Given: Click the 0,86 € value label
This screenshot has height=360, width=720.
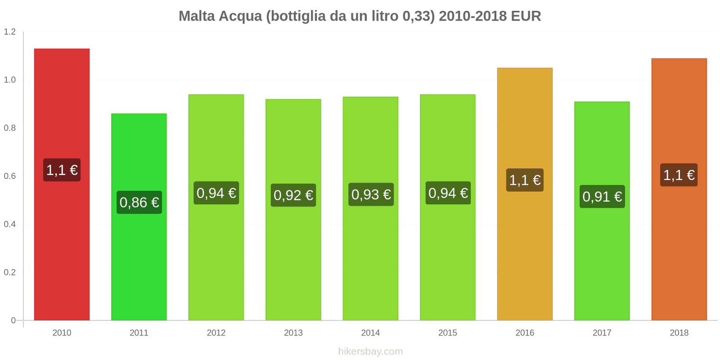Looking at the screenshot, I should (x=139, y=202).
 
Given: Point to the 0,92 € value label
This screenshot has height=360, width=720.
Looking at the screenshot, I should (x=293, y=195).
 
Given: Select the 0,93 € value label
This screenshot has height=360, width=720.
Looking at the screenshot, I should (x=371, y=194).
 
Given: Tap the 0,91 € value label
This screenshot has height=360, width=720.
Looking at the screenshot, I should (x=602, y=197).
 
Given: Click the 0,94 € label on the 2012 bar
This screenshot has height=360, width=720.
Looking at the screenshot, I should (x=216, y=193).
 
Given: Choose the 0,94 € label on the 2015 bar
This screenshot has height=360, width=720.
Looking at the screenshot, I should (x=448, y=193).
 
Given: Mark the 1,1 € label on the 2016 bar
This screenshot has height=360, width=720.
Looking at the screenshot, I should (x=525, y=180).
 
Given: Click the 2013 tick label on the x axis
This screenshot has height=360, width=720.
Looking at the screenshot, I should (x=293, y=333).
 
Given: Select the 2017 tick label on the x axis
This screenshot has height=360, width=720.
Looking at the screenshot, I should (x=602, y=333).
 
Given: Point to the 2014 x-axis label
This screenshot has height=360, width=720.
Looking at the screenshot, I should (x=371, y=333).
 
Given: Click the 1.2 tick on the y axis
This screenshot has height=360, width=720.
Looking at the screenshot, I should (x=10, y=31).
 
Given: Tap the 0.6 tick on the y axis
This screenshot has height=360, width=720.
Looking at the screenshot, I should (x=10, y=176).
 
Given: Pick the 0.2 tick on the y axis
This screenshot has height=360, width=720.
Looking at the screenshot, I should (x=10, y=272).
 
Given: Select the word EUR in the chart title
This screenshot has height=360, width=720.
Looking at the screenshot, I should (x=526, y=16).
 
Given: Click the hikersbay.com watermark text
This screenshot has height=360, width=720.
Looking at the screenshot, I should (x=370, y=351).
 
